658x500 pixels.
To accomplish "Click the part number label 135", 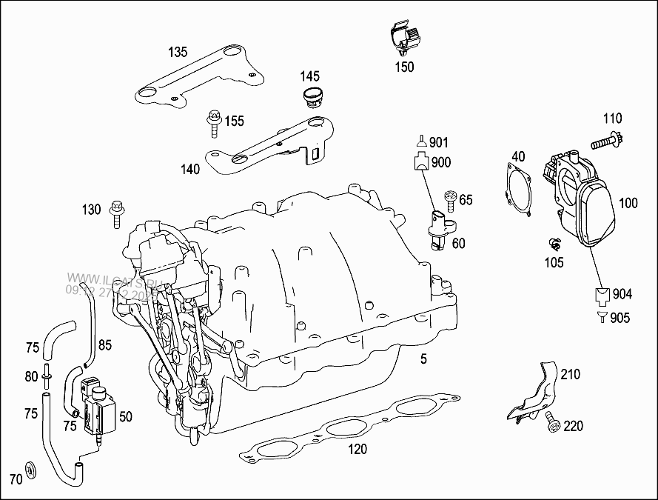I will coord(178,52).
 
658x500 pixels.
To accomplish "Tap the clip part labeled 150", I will coord(403,41).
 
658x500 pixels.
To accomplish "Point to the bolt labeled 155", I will coord(214,123).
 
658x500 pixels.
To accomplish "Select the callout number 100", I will coord(628,202).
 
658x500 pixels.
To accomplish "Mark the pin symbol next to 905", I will coord(602,318).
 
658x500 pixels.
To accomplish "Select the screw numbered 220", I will coord(551,423).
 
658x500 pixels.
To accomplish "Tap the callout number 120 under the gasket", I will coord(358,449).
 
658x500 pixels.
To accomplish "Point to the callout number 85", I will coord(105,344).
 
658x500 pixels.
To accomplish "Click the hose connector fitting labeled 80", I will coord(46,376).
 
